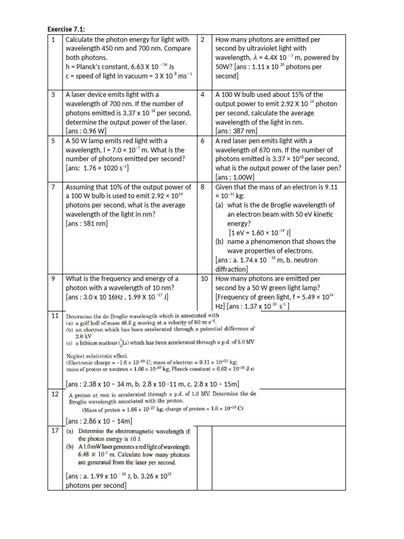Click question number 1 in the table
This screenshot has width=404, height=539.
tap(54, 40)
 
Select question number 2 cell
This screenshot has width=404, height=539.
tap(203, 40)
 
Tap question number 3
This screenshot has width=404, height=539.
tap(54, 95)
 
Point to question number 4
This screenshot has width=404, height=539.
tap(203, 95)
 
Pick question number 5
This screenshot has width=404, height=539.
tap(54, 141)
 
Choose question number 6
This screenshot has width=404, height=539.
tap(203, 141)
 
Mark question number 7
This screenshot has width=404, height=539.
tap(54, 187)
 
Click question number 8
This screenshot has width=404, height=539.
tap(203, 187)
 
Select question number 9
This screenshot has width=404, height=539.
tap(54, 278)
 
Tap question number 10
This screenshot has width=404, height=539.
tap(205, 278)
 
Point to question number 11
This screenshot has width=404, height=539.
tap(55, 315)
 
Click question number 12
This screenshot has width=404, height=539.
tap(55, 394)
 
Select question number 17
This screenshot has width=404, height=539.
tap(55, 431)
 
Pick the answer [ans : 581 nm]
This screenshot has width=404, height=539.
tap(87, 224)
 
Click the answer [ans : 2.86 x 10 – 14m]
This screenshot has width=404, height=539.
tap(99, 421)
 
